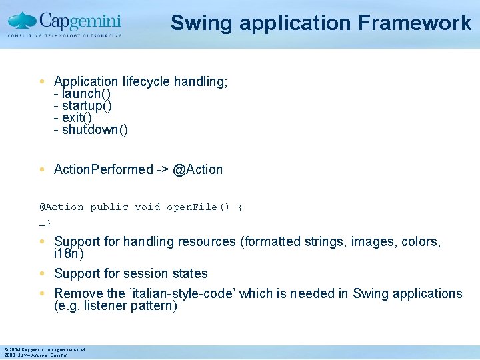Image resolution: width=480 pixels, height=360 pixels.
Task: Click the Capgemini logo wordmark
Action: click(x=79, y=20)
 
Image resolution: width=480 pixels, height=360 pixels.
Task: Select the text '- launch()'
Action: click(x=82, y=94)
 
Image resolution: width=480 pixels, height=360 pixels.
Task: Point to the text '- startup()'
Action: click(x=83, y=106)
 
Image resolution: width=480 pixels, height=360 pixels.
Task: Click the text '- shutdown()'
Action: click(x=91, y=130)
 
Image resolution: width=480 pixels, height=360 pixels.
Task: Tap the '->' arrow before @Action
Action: click(x=162, y=169)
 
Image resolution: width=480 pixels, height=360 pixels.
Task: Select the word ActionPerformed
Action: click(x=103, y=169)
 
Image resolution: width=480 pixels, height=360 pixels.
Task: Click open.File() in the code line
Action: click(x=197, y=207)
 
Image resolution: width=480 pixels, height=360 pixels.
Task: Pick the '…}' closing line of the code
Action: click(x=45, y=223)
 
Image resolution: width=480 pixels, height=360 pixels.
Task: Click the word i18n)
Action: click(x=69, y=254)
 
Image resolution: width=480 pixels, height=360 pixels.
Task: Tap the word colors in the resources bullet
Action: click(x=420, y=241)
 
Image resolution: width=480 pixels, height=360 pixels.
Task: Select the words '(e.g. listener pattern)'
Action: click(x=115, y=306)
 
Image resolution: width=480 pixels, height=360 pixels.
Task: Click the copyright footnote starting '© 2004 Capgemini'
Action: click(x=44, y=349)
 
